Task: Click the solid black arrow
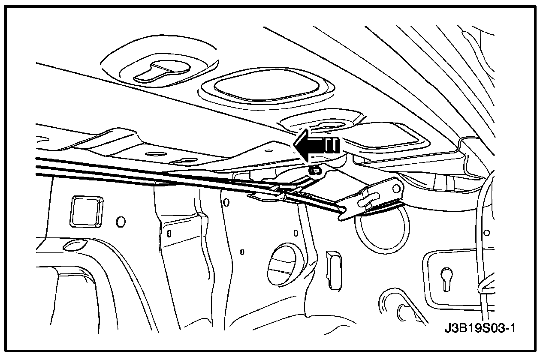coord(317,146)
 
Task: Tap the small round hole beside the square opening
coord(121,221)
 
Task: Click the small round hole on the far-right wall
coord(486,233)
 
